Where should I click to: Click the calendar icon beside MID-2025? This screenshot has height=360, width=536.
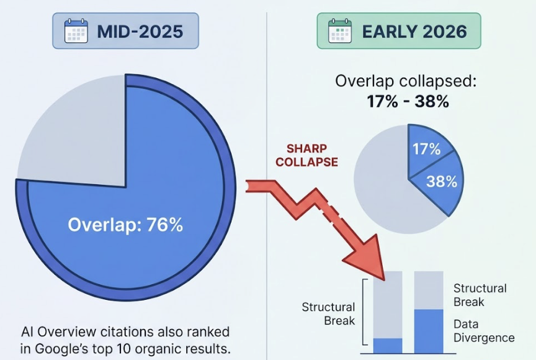pos(77,30)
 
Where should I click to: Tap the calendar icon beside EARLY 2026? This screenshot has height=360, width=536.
pos(339,30)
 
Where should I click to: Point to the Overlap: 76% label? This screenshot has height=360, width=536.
pos(125,225)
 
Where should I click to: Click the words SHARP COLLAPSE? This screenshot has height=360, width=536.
pos(307,156)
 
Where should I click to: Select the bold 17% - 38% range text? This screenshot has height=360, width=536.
pos(407,101)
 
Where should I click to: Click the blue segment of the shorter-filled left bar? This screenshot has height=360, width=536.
pos(388,346)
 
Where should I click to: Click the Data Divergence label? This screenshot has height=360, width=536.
pos(483,331)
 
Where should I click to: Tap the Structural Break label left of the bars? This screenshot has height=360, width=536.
pos(328,313)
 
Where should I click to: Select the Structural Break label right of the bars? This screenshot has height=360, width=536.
pos(480,295)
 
